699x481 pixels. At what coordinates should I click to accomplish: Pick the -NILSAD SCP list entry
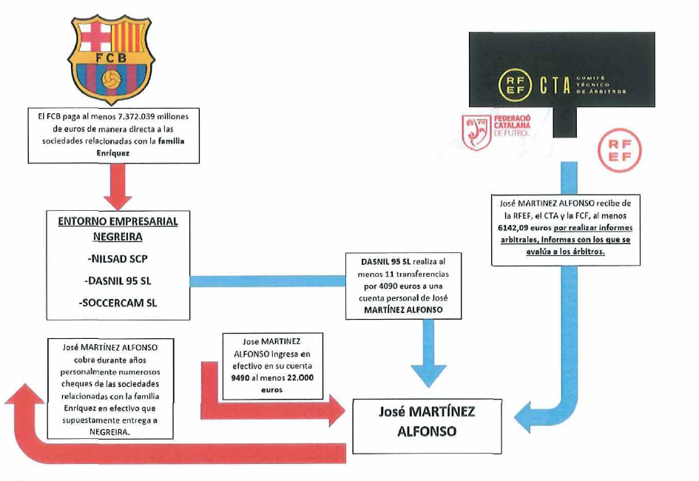tap(118, 260)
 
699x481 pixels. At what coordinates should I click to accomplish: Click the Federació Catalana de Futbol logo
tap(488, 133)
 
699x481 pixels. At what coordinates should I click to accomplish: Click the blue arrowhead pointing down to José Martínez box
tap(428, 374)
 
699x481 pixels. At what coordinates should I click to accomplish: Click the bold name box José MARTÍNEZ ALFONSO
tap(426, 420)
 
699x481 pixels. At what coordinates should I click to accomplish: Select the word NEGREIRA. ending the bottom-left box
tap(107, 433)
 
